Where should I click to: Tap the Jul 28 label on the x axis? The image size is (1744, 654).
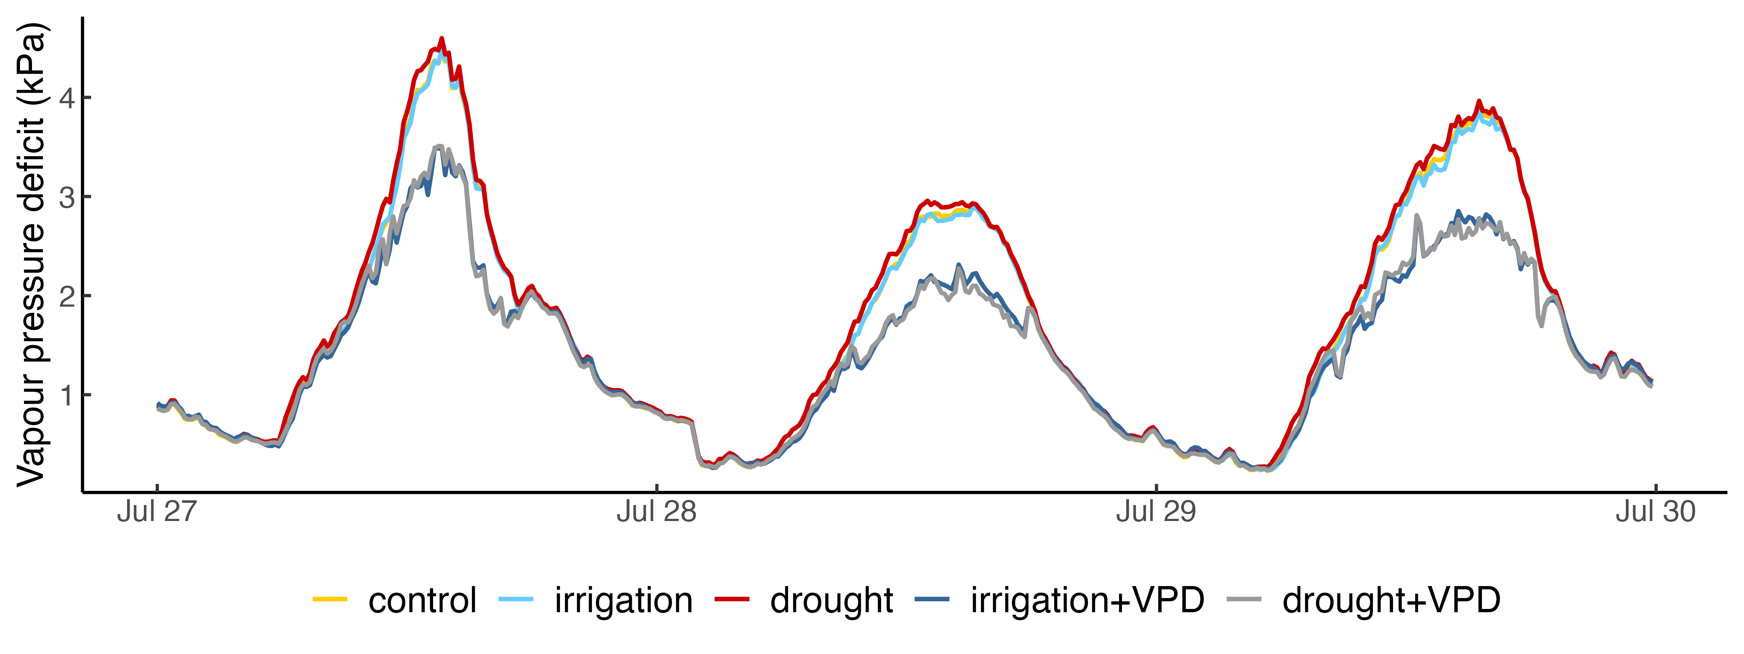pyautogui.click(x=656, y=512)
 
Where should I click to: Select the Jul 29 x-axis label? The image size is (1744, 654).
pyautogui.click(x=1156, y=512)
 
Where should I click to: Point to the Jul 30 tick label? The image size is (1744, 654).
pyautogui.click(x=1655, y=512)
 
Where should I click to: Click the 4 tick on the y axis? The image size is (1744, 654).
pyautogui.click(x=66, y=98)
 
